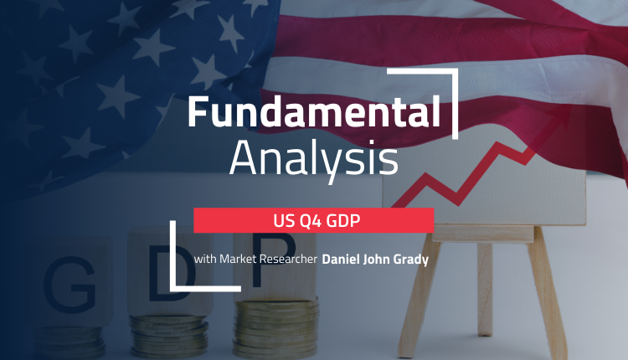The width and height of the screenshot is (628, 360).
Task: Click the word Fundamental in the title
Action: pos(314,111)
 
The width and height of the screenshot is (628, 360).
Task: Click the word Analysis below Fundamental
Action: pos(314,159)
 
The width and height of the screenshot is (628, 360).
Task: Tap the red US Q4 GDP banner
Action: pos(314,220)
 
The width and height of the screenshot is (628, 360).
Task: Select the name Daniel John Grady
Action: pos(375,260)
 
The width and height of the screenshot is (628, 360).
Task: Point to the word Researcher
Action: pos(288,259)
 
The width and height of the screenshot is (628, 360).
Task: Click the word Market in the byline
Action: pos(238,259)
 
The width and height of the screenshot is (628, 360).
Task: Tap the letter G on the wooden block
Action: pos(69,284)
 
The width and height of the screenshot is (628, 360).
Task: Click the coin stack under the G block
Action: pos(69,342)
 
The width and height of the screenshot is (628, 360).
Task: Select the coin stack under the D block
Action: pos(169,336)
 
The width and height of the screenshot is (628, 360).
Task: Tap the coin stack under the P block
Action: pos(276,329)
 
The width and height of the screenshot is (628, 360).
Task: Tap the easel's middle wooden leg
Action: pos(485,289)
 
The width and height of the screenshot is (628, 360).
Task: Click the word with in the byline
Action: pos(205,259)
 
